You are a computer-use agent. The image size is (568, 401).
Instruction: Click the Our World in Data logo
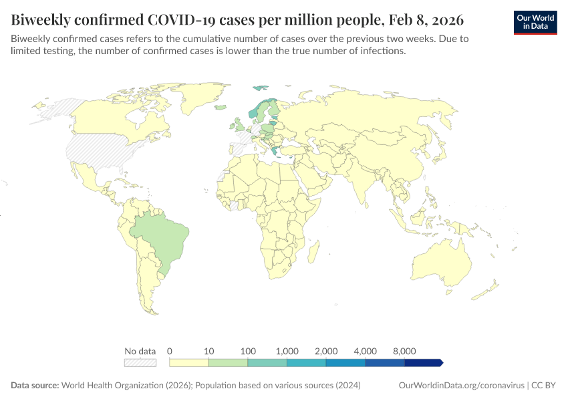tap(535, 21)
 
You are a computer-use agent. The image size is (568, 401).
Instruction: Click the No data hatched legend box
tap(140, 363)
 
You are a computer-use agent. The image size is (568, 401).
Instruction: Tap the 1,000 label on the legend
tap(287, 351)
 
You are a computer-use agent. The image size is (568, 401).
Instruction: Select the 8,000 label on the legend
tap(404, 351)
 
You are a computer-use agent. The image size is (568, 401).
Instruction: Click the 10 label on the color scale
tap(208, 351)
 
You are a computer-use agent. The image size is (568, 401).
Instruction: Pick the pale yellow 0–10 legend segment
tap(189, 363)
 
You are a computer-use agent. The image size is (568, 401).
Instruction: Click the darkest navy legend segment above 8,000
tap(423, 363)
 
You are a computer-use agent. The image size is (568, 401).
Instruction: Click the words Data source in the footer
tap(35, 386)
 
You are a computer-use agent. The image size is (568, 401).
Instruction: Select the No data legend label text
tap(140, 351)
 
